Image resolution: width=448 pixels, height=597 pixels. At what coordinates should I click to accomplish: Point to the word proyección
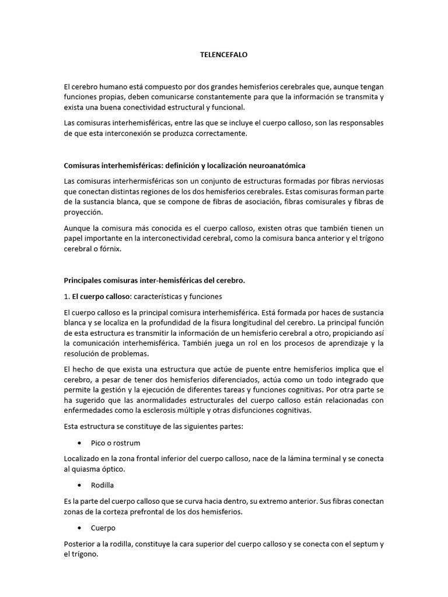83,212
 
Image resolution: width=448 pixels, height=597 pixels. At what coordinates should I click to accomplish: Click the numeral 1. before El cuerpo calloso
66,296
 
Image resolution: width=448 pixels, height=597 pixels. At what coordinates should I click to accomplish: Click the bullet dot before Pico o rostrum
79,443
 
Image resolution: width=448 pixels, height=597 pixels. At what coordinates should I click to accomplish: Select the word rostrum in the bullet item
127,443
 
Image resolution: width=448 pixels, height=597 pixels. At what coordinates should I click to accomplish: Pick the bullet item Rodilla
102,485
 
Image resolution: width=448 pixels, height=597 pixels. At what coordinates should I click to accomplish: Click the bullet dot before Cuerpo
79,528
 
